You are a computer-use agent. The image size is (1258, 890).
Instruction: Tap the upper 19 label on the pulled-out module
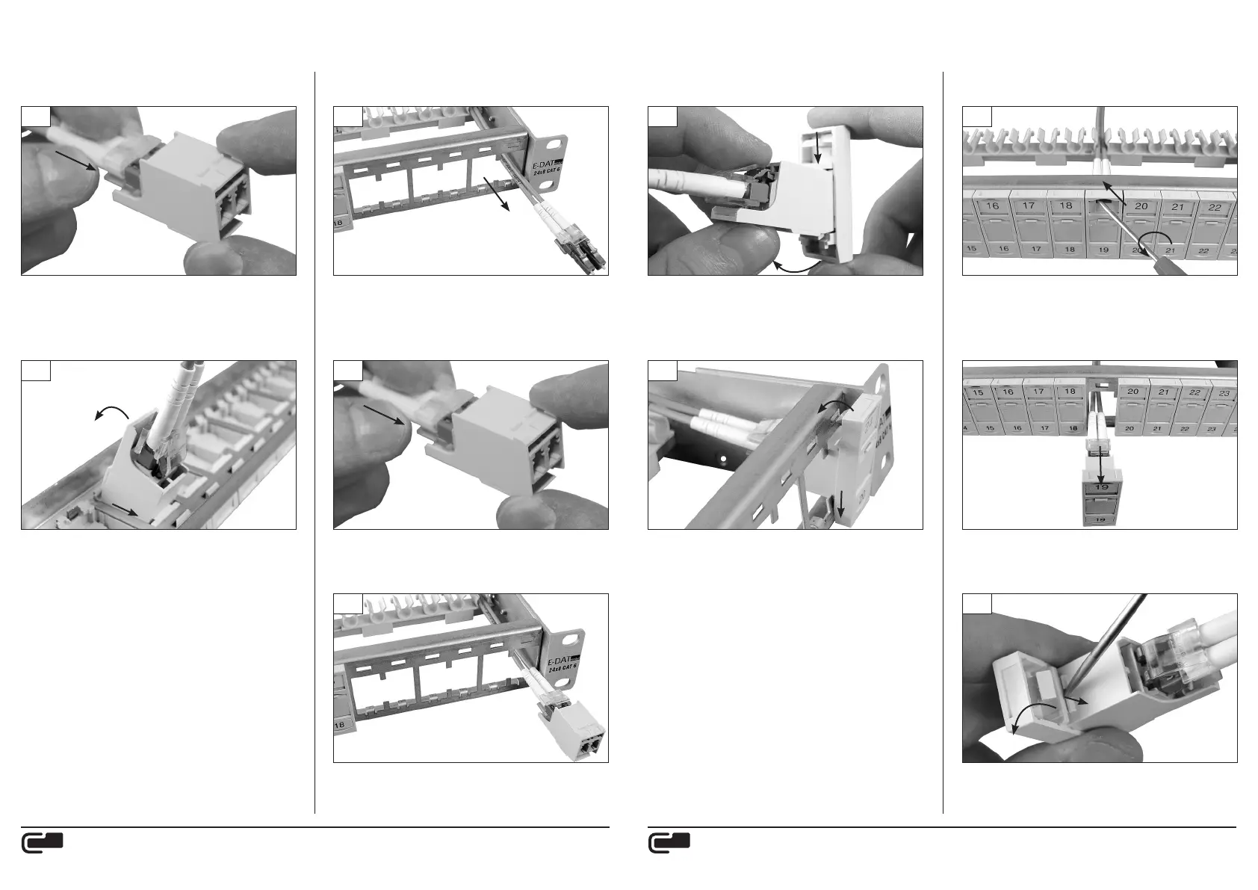tap(1101, 487)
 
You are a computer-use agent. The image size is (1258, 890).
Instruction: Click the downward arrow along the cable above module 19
tap(1100, 466)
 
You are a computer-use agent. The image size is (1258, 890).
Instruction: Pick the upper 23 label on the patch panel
tap(1224, 392)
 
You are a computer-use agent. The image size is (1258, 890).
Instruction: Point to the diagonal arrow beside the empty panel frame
tap(497, 197)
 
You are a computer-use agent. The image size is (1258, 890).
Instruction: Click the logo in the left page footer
tap(42, 843)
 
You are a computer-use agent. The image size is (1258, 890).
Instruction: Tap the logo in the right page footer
tap(669, 843)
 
